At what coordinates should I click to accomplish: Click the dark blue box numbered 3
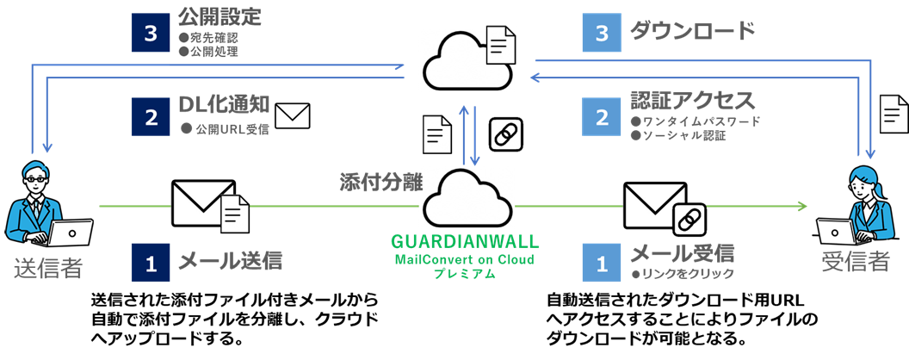pyautogui.click(x=151, y=33)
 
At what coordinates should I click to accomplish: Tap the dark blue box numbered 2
pyautogui.click(x=151, y=117)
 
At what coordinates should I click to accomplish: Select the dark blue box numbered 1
pyautogui.click(x=151, y=262)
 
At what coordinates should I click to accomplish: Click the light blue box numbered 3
pyautogui.click(x=602, y=33)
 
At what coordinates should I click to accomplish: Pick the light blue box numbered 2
pyautogui.click(x=602, y=117)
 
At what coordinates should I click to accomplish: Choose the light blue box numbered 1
pyautogui.click(x=602, y=262)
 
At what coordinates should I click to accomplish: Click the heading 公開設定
pyautogui.click(x=220, y=16)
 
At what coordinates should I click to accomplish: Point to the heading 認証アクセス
pyautogui.click(x=693, y=100)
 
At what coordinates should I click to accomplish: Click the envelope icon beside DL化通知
pyautogui.click(x=291, y=115)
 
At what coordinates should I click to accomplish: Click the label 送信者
pyautogui.click(x=48, y=268)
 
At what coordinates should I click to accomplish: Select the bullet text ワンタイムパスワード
pyautogui.click(x=696, y=121)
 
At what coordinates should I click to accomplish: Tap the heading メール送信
pyautogui.click(x=230, y=258)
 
